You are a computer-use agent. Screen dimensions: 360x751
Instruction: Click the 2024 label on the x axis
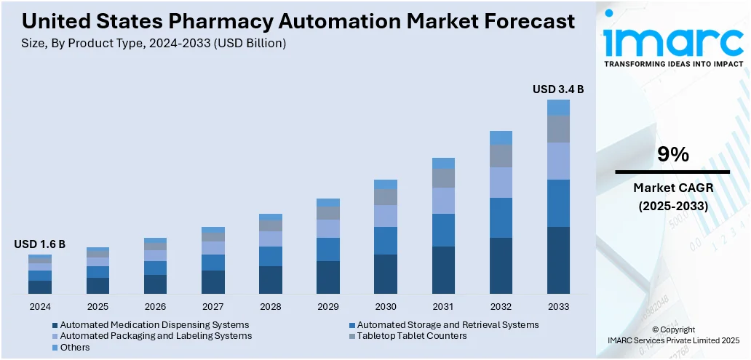click(x=40, y=306)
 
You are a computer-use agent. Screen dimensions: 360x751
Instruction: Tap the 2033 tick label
click(x=558, y=306)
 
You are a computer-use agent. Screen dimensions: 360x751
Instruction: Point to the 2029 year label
click(x=327, y=306)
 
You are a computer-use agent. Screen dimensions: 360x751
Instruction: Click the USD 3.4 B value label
click(x=558, y=89)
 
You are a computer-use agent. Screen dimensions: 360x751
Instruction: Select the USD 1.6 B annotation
click(x=39, y=244)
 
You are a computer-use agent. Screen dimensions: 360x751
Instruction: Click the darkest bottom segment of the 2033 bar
click(x=558, y=260)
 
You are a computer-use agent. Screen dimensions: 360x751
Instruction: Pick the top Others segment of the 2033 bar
click(x=558, y=108)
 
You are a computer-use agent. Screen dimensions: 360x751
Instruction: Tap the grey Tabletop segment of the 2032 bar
click(x=501, y=156)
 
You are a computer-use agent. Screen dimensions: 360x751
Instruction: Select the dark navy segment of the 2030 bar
click(x=386, y=274)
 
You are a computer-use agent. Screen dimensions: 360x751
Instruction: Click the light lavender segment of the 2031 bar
click(x=443, y=201)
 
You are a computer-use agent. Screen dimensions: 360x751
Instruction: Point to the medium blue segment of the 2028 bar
click(x=270, y=256)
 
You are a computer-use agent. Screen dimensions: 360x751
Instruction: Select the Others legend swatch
click(x=56, y=348)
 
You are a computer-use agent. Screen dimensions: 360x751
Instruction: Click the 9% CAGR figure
click(x=672, y=154)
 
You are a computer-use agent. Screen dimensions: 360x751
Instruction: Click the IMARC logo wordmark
click(x=673, y=41)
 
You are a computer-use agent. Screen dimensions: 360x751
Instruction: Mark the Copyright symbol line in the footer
click(x=673, y=329)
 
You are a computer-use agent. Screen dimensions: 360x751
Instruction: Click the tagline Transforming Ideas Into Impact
click(x=673, y=64)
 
